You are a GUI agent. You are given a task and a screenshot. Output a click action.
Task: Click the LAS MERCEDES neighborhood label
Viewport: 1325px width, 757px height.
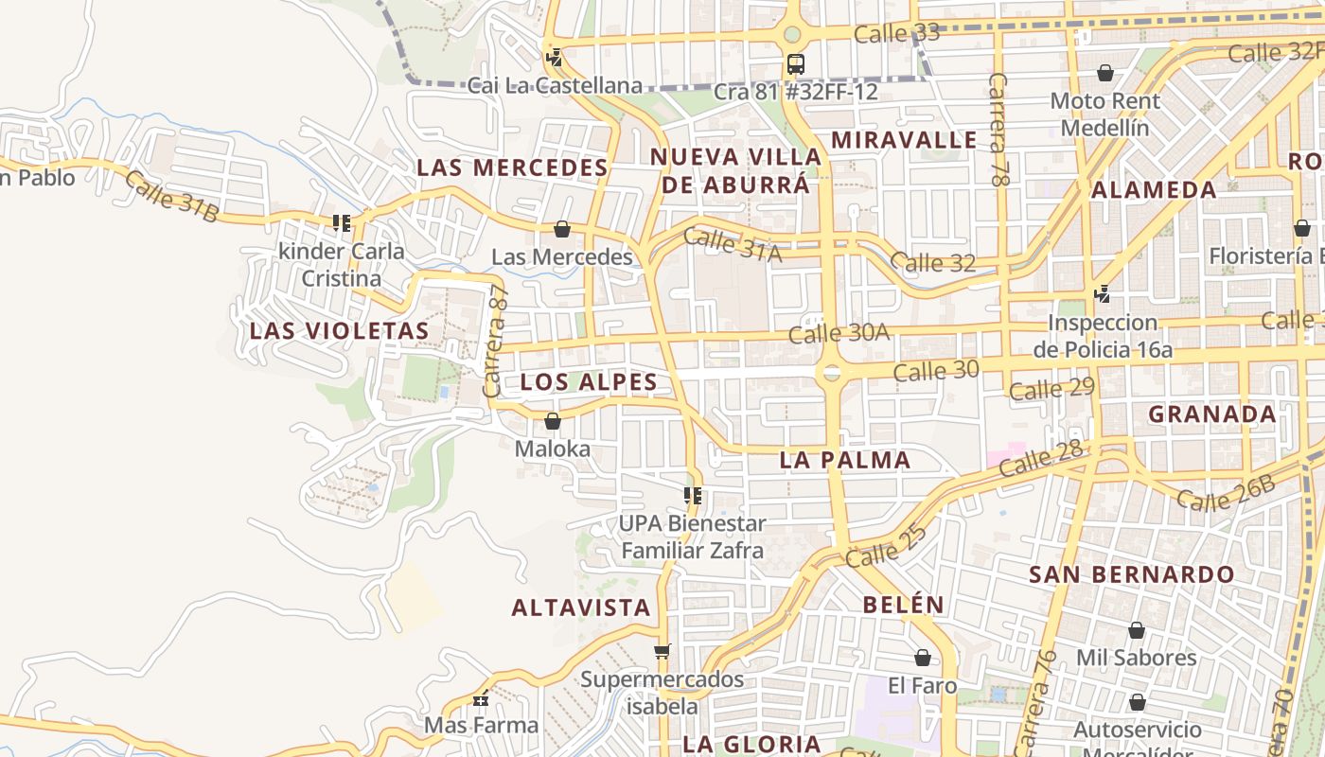pyautogui.click(x=512, y=168)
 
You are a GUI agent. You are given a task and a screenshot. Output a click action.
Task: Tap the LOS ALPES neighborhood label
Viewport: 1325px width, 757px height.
pyautogui.click(x=589, y=382)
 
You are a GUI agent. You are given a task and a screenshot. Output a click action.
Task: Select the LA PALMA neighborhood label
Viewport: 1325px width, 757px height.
pyautogui.click(x=844, y=461)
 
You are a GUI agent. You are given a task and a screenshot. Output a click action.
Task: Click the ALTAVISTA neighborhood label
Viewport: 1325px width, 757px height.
pyautogui.click(x=581, y=607)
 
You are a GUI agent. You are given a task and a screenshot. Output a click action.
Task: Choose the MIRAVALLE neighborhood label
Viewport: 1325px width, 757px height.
pyautogui.click(x=904, y=140)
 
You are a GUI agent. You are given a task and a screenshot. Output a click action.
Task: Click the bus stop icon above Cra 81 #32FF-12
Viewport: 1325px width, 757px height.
pyautogui.click(x=795, y=64)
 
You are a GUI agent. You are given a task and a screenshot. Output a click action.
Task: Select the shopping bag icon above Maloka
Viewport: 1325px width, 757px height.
pyautogui.click(x=553, y=421)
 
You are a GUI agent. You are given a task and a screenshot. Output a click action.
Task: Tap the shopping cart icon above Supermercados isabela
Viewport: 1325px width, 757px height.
pyautogui.click(x=662, y=652)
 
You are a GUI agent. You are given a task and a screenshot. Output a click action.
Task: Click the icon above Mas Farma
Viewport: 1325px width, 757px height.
pyautogui.click(x=481, y=699)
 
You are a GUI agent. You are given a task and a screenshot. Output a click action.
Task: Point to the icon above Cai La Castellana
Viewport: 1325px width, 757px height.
pyautogui.click(x=555, y=58)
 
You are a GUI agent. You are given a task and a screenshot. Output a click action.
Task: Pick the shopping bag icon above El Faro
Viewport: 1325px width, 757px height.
pyautogui.click(x=923, y=658)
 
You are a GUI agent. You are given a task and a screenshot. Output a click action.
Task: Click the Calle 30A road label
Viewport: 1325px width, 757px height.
pyautogui.click(x=839, y=333)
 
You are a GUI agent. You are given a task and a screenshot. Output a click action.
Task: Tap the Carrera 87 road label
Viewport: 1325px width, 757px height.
pyautogui.click(x=496, y=342)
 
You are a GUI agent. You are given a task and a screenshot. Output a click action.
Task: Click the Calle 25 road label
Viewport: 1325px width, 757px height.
pyautogui.click(x=886, y=547)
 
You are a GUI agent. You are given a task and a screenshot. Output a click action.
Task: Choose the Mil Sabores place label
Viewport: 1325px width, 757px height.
pyautogui.click(x=1136, y=658)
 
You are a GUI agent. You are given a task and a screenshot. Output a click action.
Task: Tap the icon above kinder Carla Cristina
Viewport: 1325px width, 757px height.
pyautogui.click(x=341, y=224)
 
